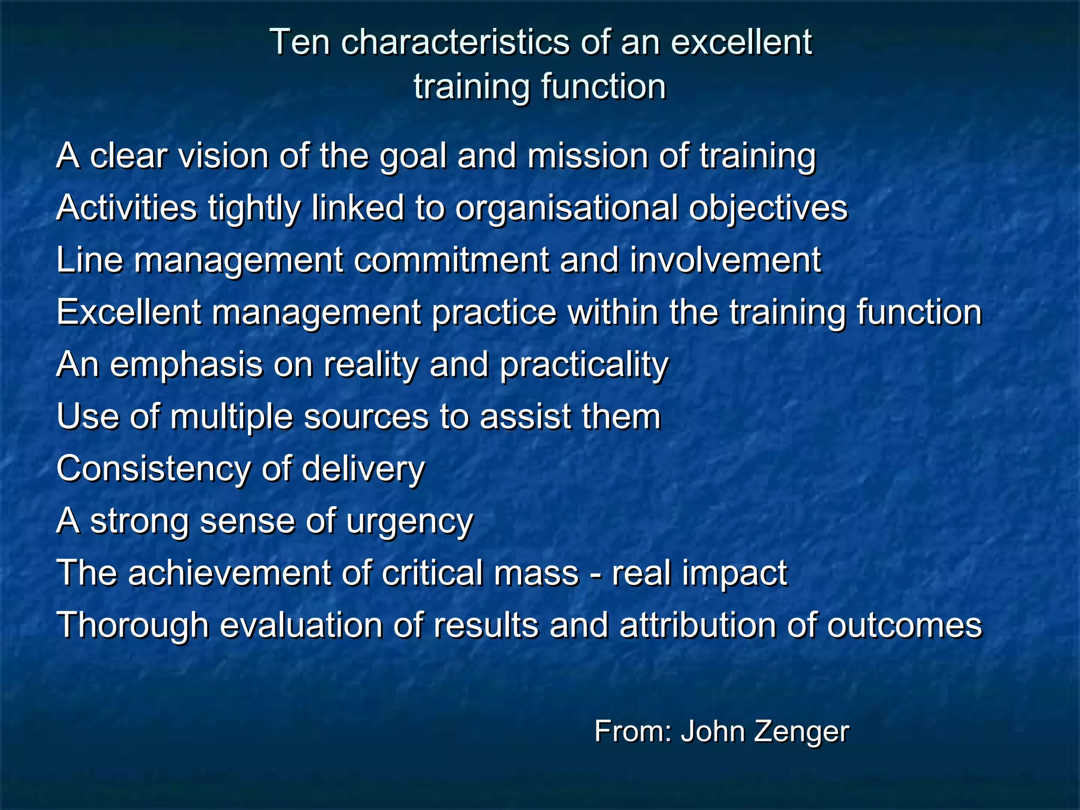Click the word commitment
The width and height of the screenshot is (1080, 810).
451,260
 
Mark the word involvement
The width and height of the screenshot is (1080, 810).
726,260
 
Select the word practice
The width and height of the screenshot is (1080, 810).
494,313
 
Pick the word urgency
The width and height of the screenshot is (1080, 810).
410,522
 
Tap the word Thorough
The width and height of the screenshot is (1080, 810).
132,625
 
